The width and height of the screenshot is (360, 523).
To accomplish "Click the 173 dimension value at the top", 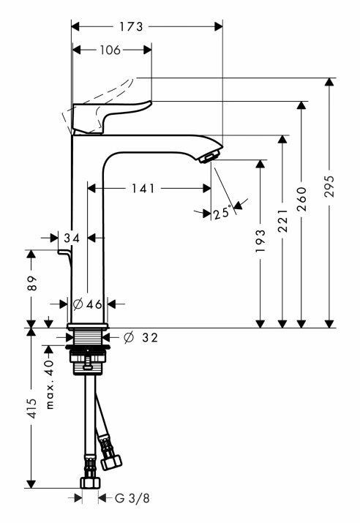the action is click(131, 26).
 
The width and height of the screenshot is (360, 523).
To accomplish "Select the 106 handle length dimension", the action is click(110, 50).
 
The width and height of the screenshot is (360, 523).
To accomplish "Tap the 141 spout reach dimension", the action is click(143, 189).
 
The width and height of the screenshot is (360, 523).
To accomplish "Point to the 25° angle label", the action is click(222, 212).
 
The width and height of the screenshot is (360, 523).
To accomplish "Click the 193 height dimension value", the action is click(260, 241).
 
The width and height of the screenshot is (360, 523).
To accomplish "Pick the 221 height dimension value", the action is click(282, 221).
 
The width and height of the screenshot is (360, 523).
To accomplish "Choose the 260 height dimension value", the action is click(301, 199).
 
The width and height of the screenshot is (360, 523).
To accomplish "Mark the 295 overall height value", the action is click(330, 186).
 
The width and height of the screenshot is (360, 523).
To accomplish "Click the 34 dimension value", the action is click(72, 238).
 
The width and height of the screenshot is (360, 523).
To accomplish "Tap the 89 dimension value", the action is click(32, 283).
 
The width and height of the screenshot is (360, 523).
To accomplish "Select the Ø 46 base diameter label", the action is click(87, 304).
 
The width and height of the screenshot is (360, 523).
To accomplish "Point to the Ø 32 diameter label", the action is click(140, 338).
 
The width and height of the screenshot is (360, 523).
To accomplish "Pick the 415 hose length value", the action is click(32, 408).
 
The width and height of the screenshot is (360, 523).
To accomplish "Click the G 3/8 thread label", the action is click(132, 498).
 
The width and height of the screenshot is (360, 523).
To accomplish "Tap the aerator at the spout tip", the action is click(209, 157).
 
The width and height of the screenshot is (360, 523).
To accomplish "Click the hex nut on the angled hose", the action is click(111, 462).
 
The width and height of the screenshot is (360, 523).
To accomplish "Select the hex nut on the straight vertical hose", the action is click(90, 483).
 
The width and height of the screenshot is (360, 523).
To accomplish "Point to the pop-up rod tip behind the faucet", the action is click(64, 252).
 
